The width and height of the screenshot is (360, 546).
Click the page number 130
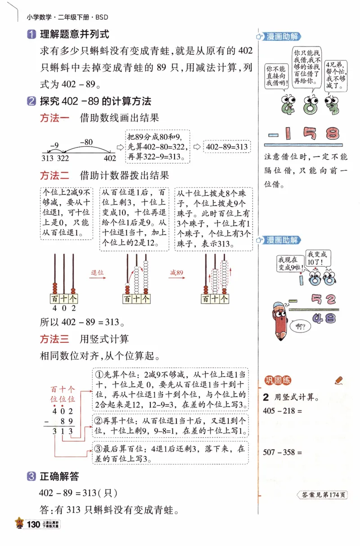(34, 524)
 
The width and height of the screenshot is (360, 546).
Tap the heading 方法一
(55, 118)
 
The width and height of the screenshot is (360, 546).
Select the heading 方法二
(55, 175)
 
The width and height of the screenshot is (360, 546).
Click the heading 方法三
(55, 338)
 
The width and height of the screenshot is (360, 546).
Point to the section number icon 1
(31, 34)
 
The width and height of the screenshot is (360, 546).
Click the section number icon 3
(31, 476)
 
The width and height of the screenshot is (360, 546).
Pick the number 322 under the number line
(63, 158)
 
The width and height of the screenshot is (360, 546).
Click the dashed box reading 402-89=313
(227, 147)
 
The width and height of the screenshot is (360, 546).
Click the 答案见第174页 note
(323, 495)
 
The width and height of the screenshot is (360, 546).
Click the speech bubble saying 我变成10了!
(317, 258)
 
